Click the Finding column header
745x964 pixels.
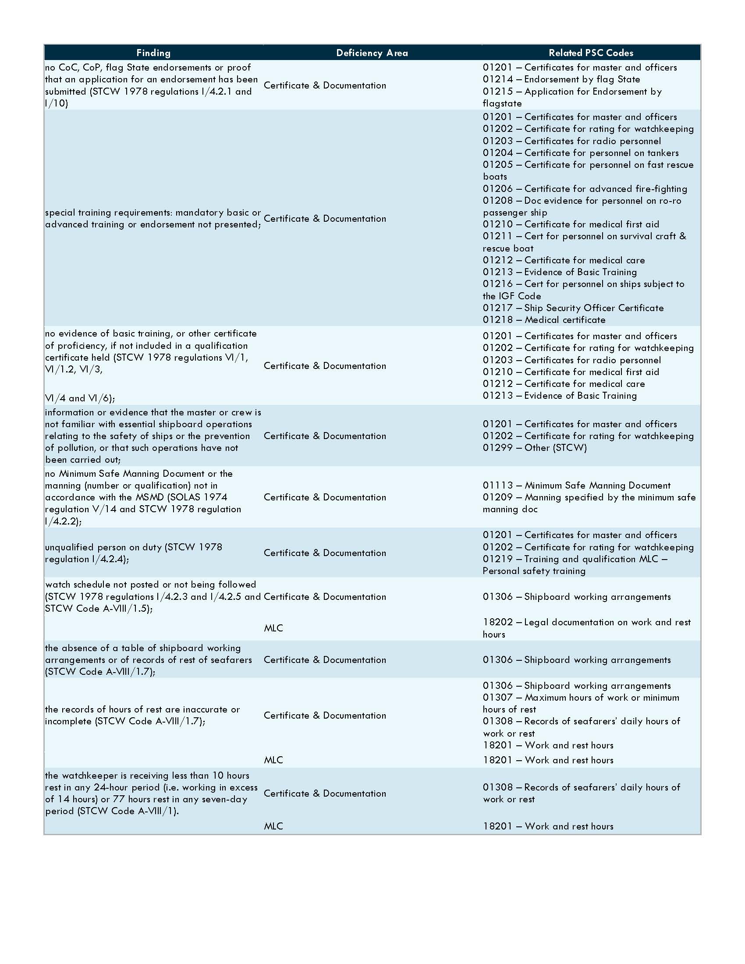pyautogui.click(x=153, y=53)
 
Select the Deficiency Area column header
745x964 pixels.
pyautogui.click(x=372, y=53)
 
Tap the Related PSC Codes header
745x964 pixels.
pyautogui.click(x=591, y=53)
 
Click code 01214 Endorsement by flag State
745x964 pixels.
pyautogui.click(x=561, y=79)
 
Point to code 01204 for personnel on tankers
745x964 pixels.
pyautogui.click(x=580, y=153)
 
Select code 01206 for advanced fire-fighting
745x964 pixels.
pyautogui.click(x=584, y=189)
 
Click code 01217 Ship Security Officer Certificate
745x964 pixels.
pyautogui.click(x=572, y=308)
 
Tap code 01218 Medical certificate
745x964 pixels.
pyautogui.click(x=544, y=320)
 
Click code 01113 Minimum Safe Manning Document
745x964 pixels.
pyautogui.click(x=576, y=486)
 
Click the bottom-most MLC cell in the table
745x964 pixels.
pyautogui.click(x=273, y=826)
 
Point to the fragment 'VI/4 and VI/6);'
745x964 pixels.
pyautogui.click(x=80, y=398)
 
